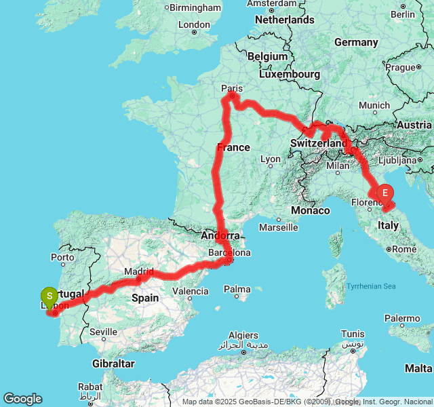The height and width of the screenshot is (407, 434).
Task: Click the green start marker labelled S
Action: pyautogui.click(x=49, y=296)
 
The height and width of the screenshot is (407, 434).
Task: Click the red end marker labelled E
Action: pyautogui.click(x=384, y=193)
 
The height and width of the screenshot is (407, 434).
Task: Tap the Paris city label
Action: pyautogui.click(x=231, y=88)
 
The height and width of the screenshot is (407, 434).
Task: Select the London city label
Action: pyautogui.click(x=194, y=24)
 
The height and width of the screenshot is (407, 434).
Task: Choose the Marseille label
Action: pyautogui.click(x=278, y=227)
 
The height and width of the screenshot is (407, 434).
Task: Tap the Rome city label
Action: pyautogui.click(x=404, y=249)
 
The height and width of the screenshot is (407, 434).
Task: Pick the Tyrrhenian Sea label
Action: pyautogui.click(x=371, y=286)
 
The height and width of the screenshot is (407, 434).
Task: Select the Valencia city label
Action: pyautogui.click(x=191, y=291)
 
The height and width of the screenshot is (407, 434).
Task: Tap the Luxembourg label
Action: pyautogui.click(x=293, y=73)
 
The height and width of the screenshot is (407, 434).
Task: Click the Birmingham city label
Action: pyautogui.click(x=195, y=7)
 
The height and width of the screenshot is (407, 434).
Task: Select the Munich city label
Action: pyautogui.click(x=374, y=105)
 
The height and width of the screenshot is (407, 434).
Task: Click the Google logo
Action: pyautogui.click(x=22, y=399)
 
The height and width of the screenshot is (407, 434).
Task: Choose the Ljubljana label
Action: pyautogui.click(x=398, y=161)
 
